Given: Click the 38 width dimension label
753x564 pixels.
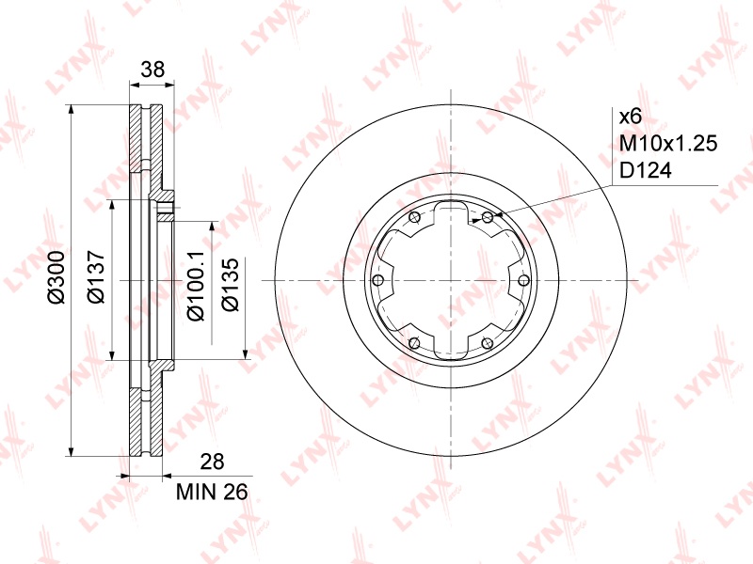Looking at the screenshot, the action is click(152, 70).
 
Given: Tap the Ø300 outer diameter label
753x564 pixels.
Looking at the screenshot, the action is click(56, 276).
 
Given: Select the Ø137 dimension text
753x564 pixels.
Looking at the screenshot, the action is click(96, 276).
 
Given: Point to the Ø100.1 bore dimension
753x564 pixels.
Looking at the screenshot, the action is click(196, 286).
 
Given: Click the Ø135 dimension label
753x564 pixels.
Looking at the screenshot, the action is click(231, 286).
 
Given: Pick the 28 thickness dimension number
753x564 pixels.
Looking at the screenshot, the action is click(213, 462).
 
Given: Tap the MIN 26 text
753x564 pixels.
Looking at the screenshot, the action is click(212, 492).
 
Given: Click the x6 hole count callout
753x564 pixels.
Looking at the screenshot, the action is click(631, 117).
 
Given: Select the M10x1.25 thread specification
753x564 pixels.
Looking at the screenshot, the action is click(668, 144).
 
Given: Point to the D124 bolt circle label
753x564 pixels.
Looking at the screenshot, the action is click(646, 171).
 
